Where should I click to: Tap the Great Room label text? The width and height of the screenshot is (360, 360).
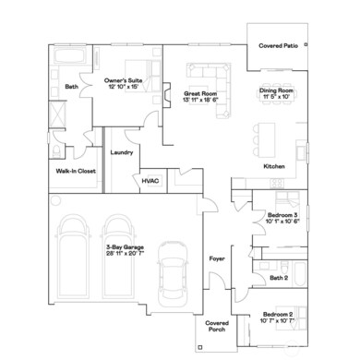199,92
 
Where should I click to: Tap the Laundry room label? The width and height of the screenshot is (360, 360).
122,152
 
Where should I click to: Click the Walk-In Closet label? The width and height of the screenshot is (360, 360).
75,171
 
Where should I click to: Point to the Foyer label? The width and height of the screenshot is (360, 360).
217,258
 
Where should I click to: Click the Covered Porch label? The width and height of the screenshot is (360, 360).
216,327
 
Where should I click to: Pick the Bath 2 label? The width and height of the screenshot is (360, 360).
280,277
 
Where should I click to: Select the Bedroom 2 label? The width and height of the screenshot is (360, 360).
277,316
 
